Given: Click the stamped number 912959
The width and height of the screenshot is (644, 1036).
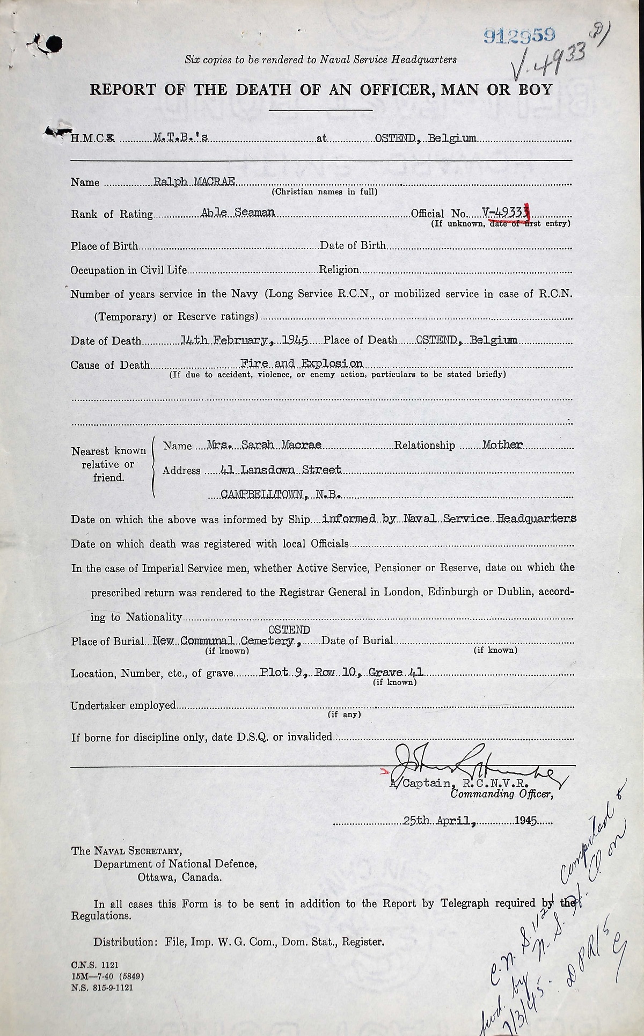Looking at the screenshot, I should tap(518, 35).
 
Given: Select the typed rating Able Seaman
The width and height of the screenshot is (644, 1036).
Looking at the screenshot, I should tap(237, 213).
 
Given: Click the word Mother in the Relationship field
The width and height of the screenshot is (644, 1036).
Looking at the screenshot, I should tap(502, 445).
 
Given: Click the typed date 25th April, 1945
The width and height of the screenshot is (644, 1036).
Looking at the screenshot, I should tap(470, 821).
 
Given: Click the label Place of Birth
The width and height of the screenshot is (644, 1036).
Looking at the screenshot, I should tap(104, 246).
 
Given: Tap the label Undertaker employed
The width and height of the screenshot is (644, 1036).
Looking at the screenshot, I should tap(123, 705).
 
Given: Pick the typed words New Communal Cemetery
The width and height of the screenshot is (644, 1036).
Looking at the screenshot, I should tap(224, 641).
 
